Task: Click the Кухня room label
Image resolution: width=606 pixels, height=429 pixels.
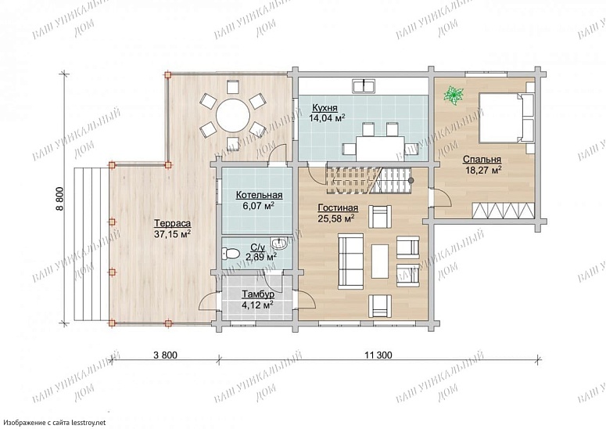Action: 325,108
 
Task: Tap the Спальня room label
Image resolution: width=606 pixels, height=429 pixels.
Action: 482,160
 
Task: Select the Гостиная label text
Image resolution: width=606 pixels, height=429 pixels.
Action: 338,208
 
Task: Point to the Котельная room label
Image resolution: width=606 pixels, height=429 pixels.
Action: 259,196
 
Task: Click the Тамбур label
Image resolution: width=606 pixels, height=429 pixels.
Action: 258,294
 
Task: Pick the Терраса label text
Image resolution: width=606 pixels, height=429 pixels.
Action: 172,224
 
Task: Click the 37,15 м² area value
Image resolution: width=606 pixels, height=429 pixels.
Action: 172,234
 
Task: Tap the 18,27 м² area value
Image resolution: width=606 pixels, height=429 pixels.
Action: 483,170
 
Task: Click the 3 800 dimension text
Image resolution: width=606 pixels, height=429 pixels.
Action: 166,355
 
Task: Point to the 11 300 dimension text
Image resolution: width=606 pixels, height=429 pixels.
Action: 378,355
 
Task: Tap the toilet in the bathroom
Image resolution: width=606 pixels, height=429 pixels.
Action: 231,254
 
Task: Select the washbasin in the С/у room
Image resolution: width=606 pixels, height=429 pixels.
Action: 279,243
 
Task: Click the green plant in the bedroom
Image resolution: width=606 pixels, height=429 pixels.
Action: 454,96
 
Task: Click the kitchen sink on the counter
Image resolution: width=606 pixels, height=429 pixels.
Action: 364,86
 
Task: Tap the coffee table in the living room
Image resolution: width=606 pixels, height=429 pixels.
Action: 380,261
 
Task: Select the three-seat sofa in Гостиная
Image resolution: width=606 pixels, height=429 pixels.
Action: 350,261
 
